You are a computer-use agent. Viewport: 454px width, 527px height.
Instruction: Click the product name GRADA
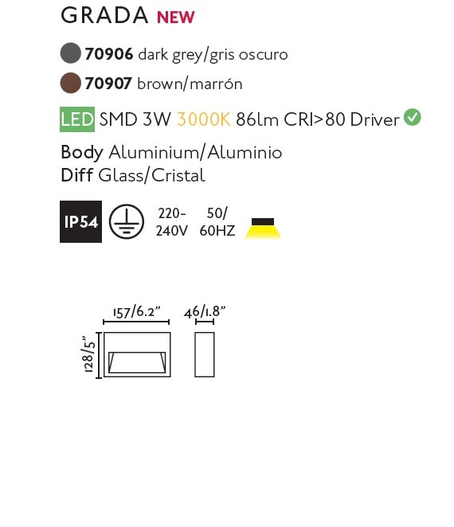click(x=104, y=15)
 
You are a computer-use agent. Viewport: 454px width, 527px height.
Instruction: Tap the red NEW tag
click(x=176, y=18)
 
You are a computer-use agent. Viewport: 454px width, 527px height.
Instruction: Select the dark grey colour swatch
click(x=71, y=53)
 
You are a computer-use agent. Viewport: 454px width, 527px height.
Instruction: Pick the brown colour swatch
click(x=71, y=83)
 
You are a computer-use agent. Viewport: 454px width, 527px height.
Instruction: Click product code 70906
click(x=109, y=54)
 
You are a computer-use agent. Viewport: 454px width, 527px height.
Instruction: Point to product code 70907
click(x=108, y=84)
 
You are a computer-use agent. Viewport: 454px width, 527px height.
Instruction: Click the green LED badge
click(x=77, y=119)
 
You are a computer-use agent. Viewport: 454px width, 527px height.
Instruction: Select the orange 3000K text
click(x=204, y=119)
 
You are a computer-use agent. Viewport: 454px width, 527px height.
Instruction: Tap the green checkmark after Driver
click(x=413, y=117)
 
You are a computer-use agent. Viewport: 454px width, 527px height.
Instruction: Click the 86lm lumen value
click(x=257, y=119)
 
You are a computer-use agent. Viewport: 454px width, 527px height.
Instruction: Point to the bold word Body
click(x=82, y=153)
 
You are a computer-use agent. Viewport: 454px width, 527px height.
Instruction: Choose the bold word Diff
click(x=76, y=175)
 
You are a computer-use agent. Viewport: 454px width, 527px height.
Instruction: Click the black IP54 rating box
click(x=80, y=221)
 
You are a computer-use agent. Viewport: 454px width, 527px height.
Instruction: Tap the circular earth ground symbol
click(x=127, y=221)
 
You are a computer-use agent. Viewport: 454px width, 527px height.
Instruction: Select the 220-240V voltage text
click(x=171, y=222)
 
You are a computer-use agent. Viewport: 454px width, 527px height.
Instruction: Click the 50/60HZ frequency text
click(x=217, y=222)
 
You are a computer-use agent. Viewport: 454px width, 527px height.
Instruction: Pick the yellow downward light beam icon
click(x=263, y=228)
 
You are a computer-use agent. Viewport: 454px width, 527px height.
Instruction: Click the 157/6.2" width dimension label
click(x=136, y=312)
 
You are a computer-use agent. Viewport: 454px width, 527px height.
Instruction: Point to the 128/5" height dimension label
click(x=88, y=355)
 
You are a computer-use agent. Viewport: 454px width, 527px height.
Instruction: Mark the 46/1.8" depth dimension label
click(x=205, y=312)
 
